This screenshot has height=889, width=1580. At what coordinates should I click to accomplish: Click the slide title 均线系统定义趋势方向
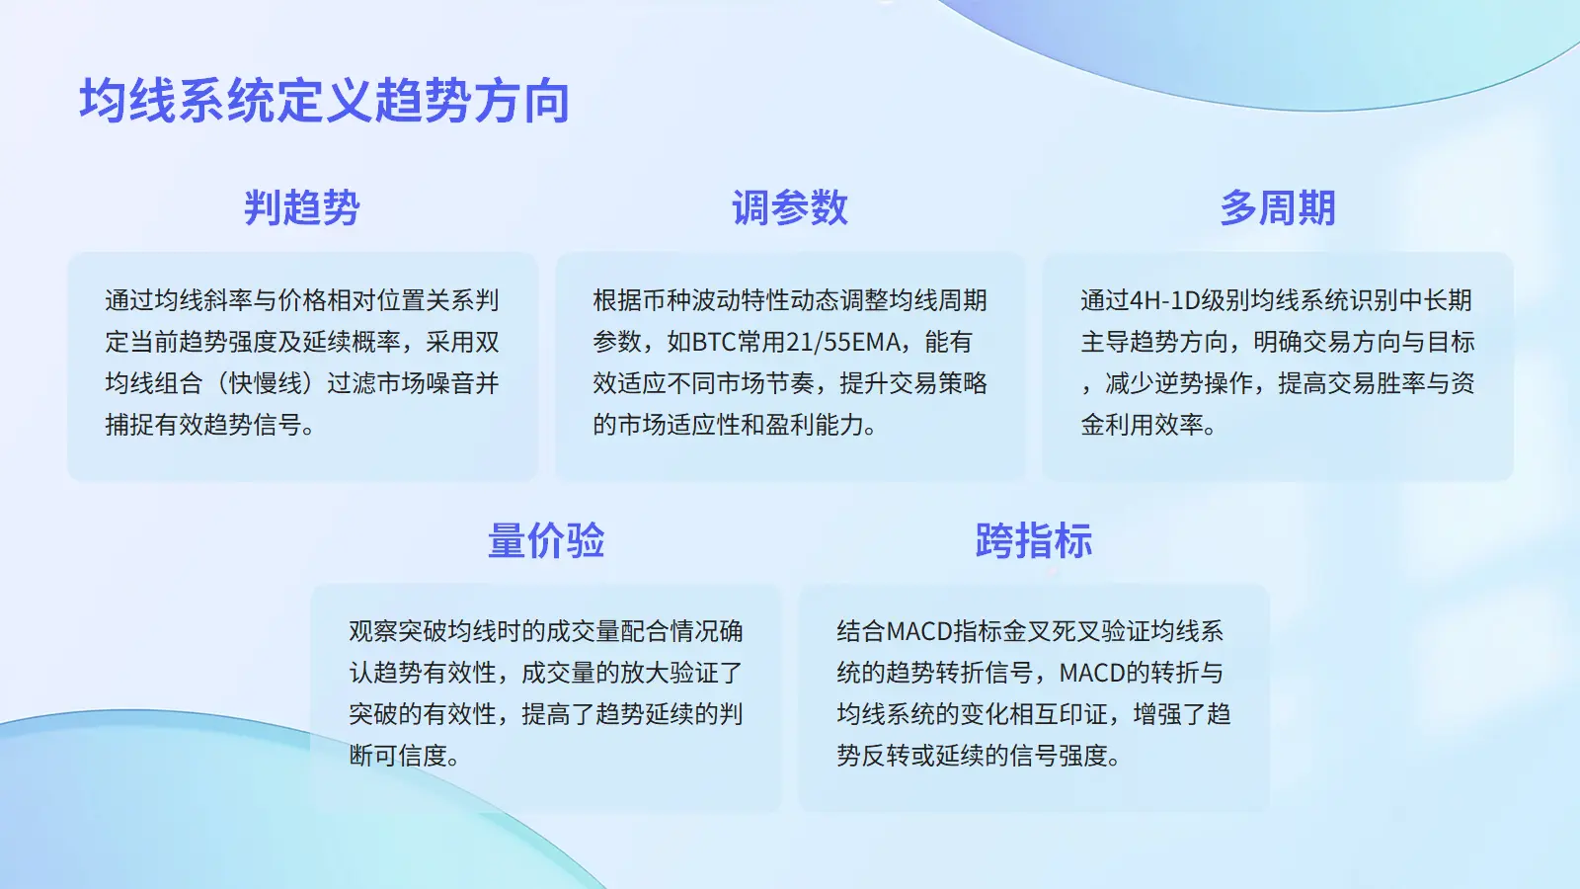pos(325,101)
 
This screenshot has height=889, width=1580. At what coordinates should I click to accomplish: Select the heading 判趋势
pos(302,207)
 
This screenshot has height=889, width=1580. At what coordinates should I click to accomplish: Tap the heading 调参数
pos(790,207)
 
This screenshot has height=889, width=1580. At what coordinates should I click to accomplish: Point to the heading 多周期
pos(1278,207)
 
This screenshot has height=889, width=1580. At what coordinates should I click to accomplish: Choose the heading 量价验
pos(546,540)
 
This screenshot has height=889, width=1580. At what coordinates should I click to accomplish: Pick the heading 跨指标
pos(1034,540)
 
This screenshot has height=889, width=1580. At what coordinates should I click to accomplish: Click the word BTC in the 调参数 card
pos(714,342)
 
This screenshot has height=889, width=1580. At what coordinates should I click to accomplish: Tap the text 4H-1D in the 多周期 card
pos(1166,300)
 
